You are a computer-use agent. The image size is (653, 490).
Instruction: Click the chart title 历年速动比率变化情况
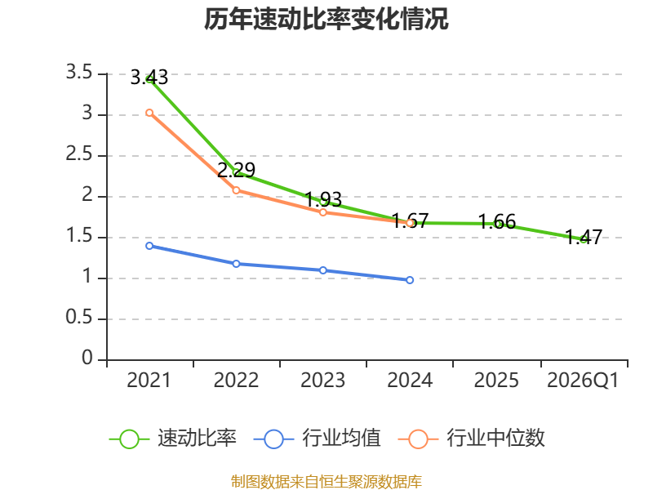point(326,20)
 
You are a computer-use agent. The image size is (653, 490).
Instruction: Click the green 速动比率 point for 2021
point(149,78)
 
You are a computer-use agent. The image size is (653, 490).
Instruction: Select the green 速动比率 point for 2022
point(237,172)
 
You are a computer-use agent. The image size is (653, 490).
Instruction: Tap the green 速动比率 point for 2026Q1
point(584,238)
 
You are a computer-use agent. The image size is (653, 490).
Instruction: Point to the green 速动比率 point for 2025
point(497,223)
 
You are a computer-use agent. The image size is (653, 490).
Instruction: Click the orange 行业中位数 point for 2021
point(149,113)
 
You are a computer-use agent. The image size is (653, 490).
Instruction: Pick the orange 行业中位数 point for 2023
point(323,212)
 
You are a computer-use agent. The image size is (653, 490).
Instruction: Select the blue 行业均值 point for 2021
point(149,246)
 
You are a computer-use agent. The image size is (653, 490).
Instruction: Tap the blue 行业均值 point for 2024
point(410,280)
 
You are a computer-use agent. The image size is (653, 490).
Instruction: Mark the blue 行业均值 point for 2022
point(237,264)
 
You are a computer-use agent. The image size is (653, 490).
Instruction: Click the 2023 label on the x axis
point(323,381)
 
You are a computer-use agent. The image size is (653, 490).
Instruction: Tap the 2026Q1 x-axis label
point(583,381)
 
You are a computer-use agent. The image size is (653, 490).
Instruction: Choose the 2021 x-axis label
point(149,381)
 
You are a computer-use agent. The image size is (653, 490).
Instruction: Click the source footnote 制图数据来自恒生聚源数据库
point(326,481)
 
